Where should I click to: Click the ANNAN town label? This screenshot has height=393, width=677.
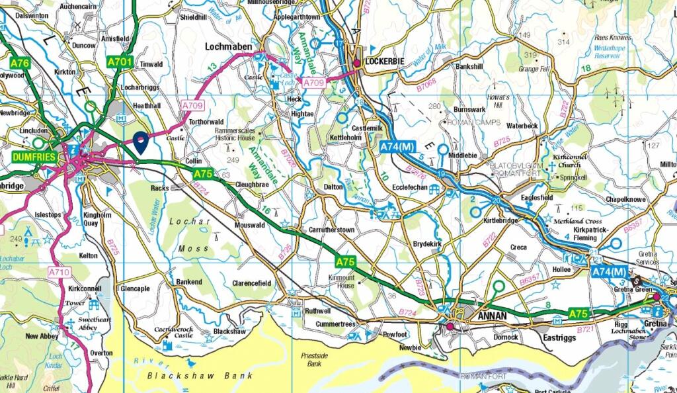pos(489,316)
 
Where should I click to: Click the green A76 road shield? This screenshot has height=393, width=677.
pos(20,63)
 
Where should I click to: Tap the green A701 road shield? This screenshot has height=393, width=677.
pos(120,62)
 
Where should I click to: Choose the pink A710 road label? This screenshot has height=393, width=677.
pos(59,272)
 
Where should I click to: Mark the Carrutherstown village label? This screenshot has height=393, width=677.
pos(332,230)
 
